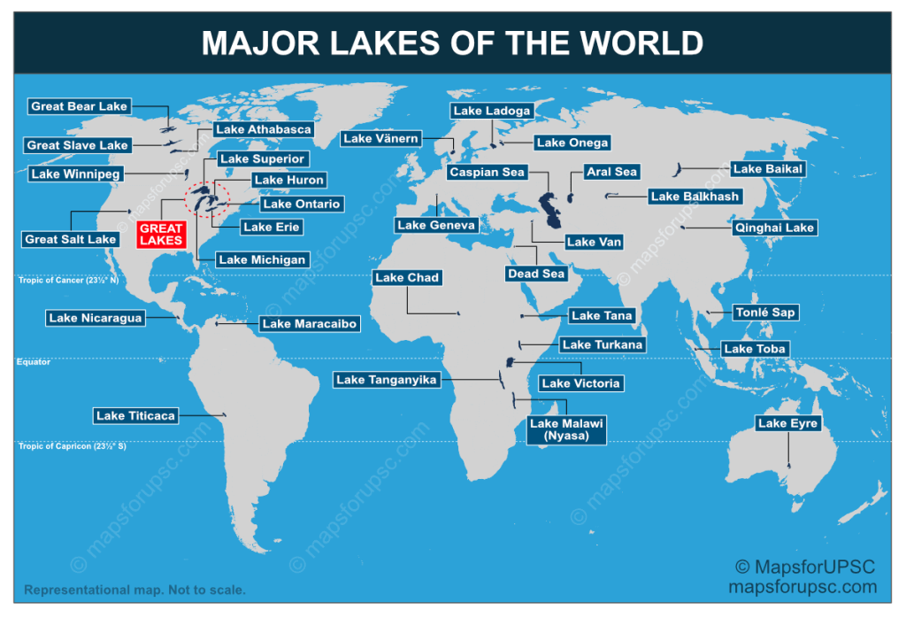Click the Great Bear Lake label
80,106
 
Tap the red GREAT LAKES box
161,235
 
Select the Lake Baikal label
766,169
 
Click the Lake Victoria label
580,383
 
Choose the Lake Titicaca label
136,415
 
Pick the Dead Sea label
536,274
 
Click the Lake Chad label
407,277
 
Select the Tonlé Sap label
765,313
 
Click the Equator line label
34,362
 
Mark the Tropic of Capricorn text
73,446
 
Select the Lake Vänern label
381,138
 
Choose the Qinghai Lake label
774,228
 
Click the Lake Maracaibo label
310,324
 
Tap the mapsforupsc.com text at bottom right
802,586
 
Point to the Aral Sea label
611,172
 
